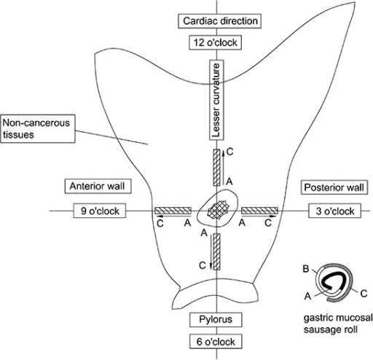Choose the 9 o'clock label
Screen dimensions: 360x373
point(100,211)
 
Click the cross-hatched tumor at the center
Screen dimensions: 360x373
point(219,211)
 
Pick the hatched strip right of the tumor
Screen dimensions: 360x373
point(259,211)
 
